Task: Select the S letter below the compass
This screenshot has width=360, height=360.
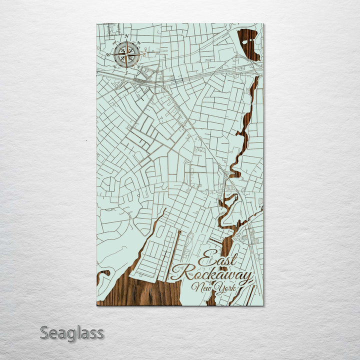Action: click(x=126, y=73)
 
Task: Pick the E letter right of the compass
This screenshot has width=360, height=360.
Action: click(x=144, y=54)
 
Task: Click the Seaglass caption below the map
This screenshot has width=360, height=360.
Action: click(x=72, y=332)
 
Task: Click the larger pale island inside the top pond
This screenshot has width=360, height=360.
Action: click(x=245, y=42)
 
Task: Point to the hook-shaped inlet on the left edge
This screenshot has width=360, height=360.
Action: click(x=102, y=275)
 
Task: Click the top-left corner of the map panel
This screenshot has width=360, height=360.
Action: click(x=97, y=24)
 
